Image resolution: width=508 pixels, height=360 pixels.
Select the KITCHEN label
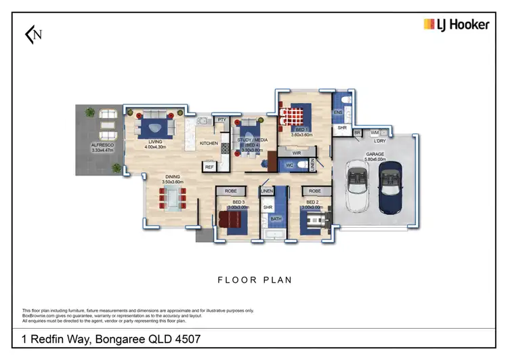pyautogui.click(x=209, y=144)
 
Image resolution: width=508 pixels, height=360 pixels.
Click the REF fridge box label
pyautogui.click(x=209, y=166)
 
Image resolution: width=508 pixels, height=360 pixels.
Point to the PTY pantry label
pyautogui.click(x=221, y=120)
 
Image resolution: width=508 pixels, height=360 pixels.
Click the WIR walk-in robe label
pyautogui.click(x=296, y=154)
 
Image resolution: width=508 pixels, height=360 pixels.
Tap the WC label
pyautogui.click(x=289, y=165)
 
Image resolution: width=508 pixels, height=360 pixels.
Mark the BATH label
pyautogui.click(x=276, y=219)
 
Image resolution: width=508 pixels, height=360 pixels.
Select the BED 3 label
pyautogui.click(x=238, y=202)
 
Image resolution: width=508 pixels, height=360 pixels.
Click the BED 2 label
pyautogui.click(x=312, y=202)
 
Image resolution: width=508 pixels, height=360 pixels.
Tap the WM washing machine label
pyautogui.click(x=375, y=134)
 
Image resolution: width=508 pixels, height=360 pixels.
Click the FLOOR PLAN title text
pyautogui.click(x=254, y=279)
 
